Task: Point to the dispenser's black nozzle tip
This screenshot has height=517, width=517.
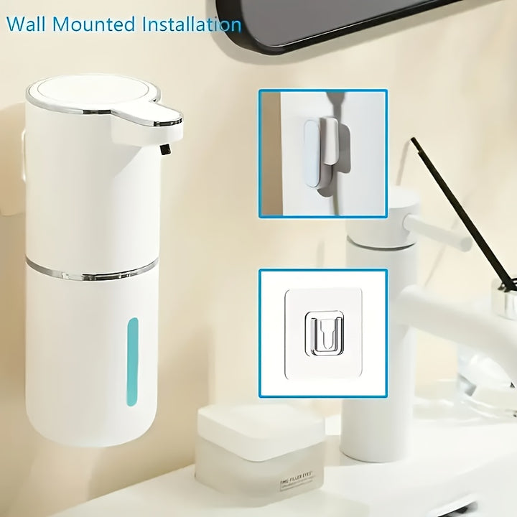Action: tap(165, 149)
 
